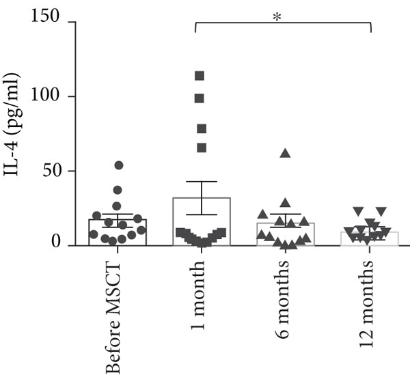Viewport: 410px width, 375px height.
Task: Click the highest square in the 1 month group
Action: coord(200,76)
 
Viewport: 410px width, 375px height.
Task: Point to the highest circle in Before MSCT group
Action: coord(118,165)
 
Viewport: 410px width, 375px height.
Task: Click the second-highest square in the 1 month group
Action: coord(200,98)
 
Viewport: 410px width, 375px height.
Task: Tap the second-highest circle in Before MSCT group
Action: coord(118,190)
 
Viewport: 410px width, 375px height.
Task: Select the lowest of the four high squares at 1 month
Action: coord(202,148)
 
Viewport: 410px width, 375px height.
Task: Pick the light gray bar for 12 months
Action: coord(370,238)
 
